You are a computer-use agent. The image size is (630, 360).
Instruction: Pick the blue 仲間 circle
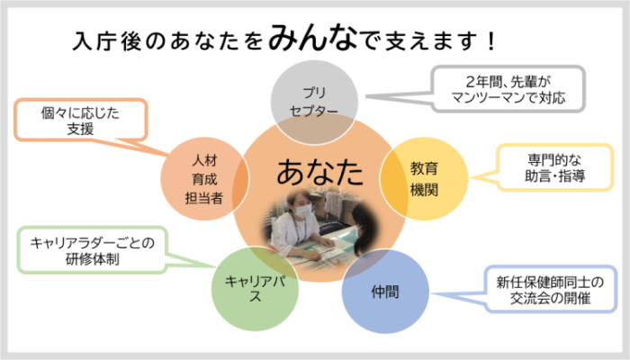[x=384, y=291]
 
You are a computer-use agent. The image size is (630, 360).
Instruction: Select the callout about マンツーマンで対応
[x=510, y=88]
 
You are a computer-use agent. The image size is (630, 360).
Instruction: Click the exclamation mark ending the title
[x=490, y=40]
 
